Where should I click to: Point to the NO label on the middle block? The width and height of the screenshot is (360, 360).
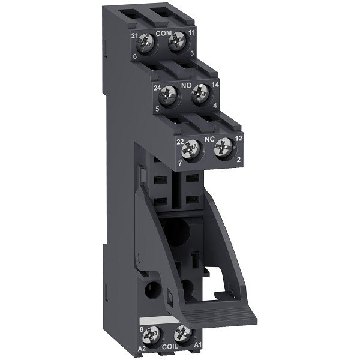pyautogui.click(x=186, y=86)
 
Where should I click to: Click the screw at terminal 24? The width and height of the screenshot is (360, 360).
pyautogui.click(x=170, y=95)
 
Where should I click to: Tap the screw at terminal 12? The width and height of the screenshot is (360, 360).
pyautogui.click(x=223, y=146)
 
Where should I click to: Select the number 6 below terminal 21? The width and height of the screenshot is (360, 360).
pyautogui.click(x=136, y=56)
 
